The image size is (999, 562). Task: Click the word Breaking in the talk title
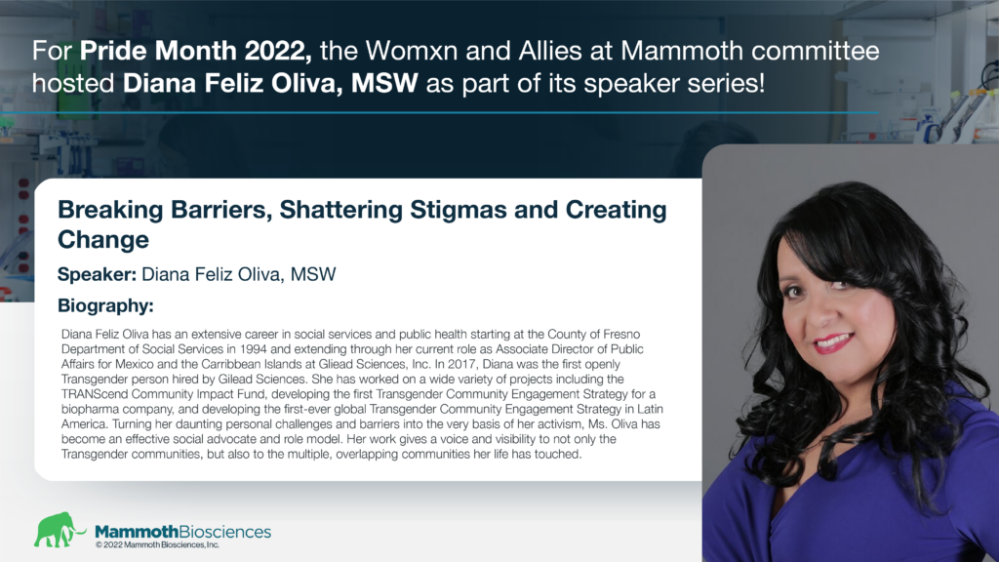(x=110, y=210)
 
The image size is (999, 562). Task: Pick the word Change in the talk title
(x=103, y=240)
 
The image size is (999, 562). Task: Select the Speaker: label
(x=97, y=274)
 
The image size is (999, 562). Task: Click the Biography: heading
(x=105, y=305)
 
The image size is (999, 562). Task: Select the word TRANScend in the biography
(x=95, y=394)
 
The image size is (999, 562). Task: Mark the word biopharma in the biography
(x=89, y=409)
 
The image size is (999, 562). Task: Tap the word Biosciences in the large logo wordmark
(x=225, y=532)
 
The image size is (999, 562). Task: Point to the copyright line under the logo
(x=157, y=545)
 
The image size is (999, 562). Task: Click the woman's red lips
(x=834, y=342)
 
